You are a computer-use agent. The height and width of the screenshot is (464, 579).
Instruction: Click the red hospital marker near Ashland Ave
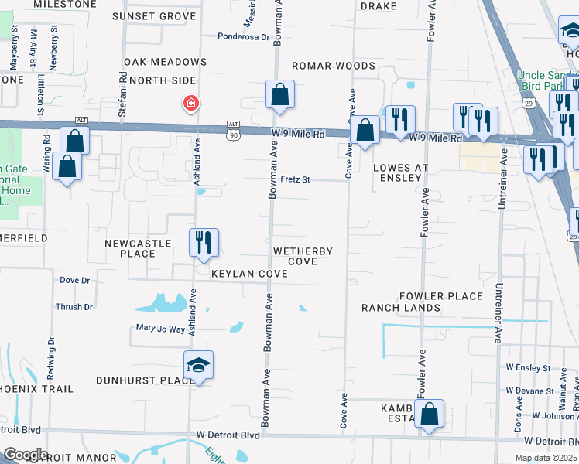(190, 103)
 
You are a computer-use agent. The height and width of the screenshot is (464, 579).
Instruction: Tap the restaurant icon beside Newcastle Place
(204, 243)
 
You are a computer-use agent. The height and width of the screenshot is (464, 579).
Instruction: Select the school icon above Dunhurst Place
(198, 365)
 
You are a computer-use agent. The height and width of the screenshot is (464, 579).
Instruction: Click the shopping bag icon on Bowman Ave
(279, 95)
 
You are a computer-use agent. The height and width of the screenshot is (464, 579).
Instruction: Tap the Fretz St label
(295, 179)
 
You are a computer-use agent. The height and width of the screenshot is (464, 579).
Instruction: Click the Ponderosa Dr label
(243, 36)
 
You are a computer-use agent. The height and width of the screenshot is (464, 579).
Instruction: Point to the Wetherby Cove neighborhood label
(303, 257)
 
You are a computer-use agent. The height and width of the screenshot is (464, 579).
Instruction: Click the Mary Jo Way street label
(161, 329)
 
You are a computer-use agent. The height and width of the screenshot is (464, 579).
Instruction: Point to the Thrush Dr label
(74, 307)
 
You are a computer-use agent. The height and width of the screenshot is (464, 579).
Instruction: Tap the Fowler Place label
(441, 296)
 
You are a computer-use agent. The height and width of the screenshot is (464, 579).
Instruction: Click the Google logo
(26, 455)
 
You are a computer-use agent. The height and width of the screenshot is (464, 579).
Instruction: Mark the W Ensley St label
(528, 368)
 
